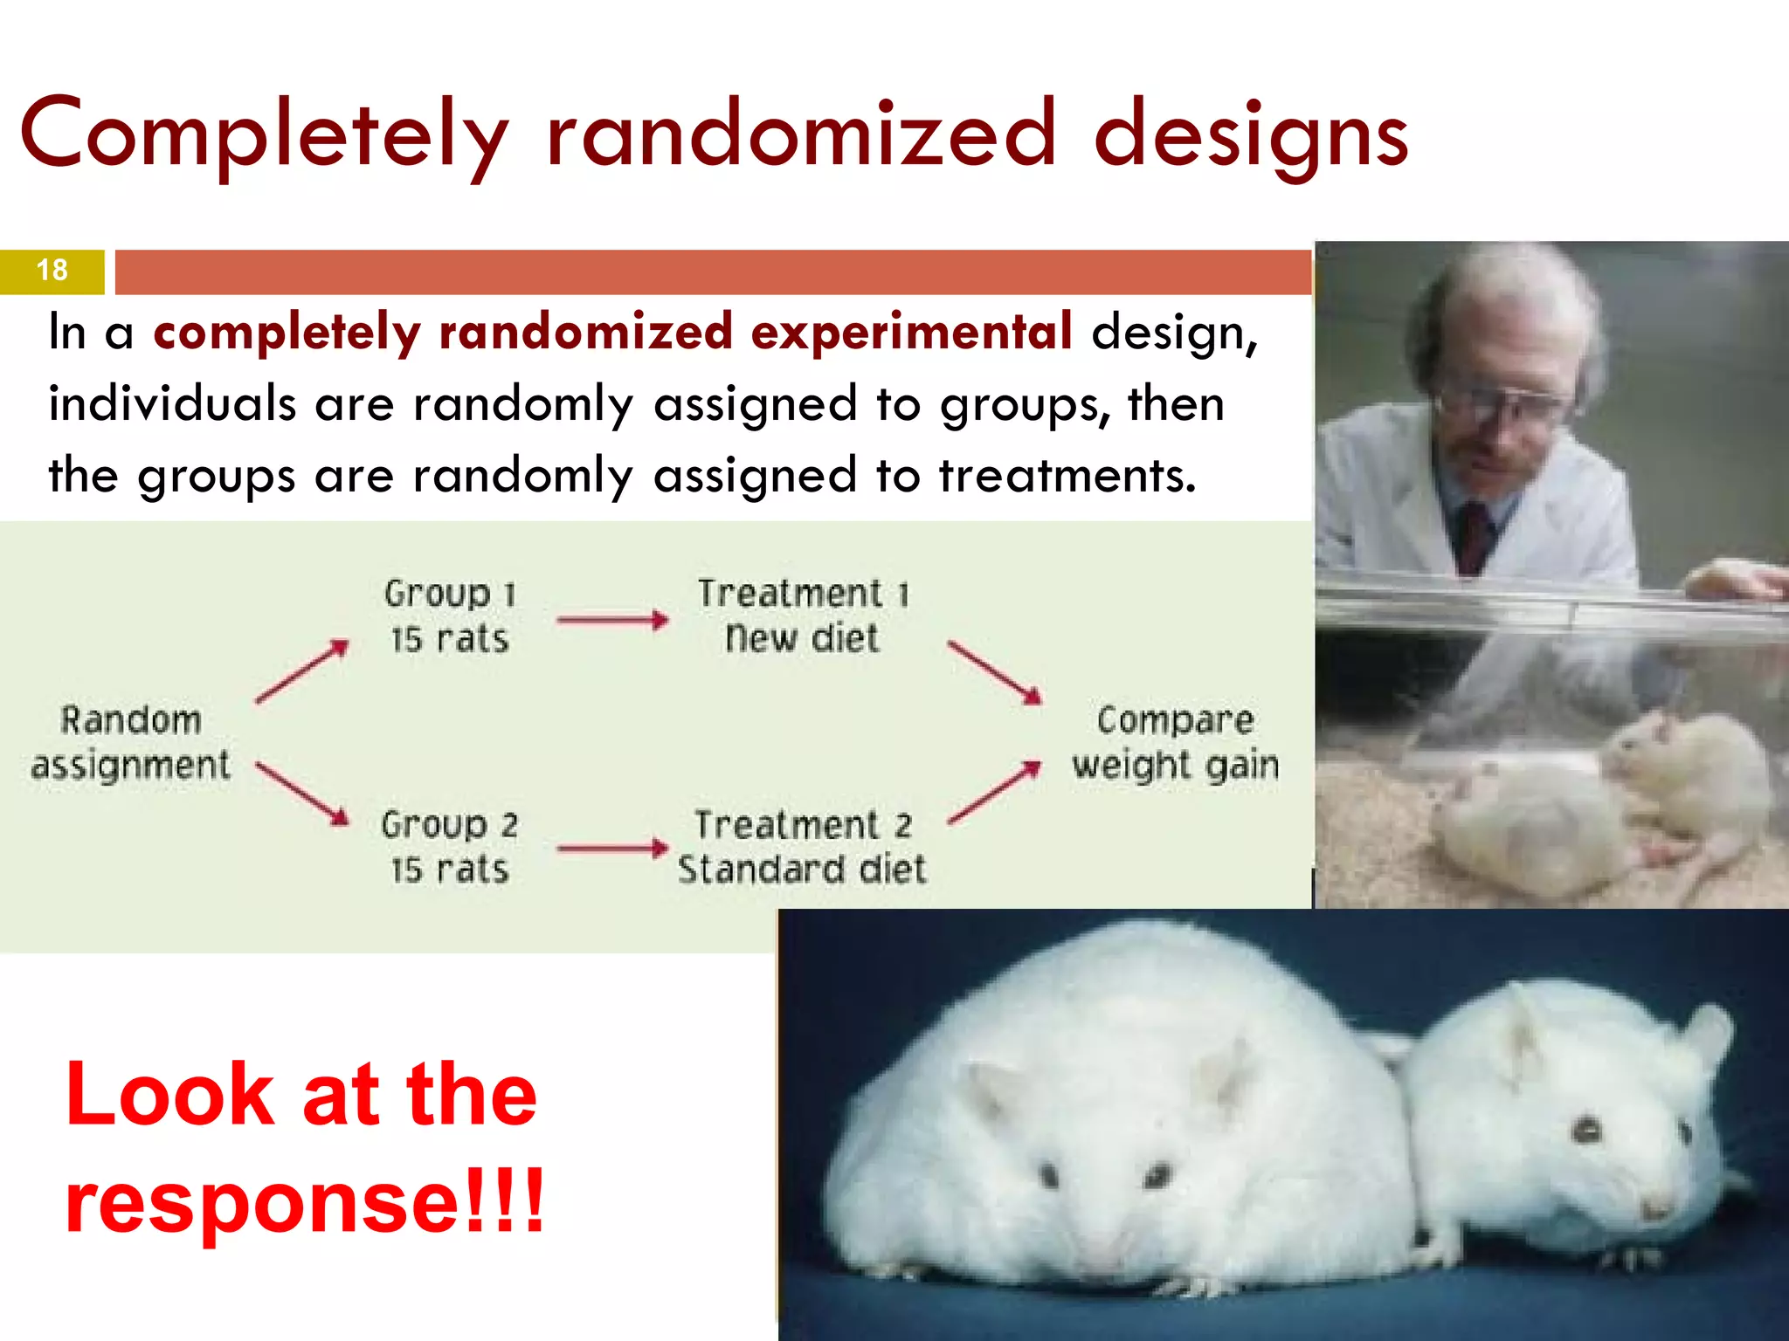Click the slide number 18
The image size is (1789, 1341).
tap(52, 271)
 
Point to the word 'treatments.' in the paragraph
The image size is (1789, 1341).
tap(1067, 476)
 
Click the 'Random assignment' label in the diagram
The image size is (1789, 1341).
tap(131, 743)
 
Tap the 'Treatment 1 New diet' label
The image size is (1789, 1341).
tap(803, 616)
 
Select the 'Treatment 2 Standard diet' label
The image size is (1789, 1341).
tap(802, 847)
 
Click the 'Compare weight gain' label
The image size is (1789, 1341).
tap(1175, 743)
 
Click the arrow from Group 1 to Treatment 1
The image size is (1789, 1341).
tap(612, 621)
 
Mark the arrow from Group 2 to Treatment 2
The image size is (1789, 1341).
tap(612, 848)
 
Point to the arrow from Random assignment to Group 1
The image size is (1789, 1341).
tap(302, 671)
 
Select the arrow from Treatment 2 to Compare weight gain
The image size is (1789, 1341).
tap(995, 792)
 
